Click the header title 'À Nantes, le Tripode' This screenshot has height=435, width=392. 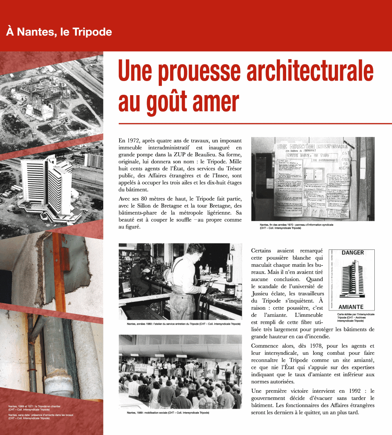pyautogui.click(x=59, y=32)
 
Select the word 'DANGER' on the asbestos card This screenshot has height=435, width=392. pyautogui.click(x=352, y=253)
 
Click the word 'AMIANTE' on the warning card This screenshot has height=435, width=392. pyautogui.click(x=351, y=307)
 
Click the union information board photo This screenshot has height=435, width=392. pyautogui.click(x=312, y=179)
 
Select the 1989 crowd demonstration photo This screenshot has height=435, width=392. pyautogui.click(x=180, y=371)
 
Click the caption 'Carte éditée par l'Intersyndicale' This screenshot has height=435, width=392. pyautogui.click(x=356, y=314)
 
